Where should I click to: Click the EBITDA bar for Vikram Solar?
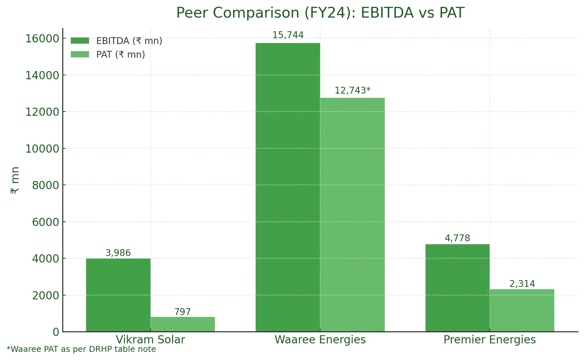click(x=118, y=295)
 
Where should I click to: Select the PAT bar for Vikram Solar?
click(x=183, y=324)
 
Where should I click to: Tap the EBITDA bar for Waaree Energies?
click(x=288, y=187)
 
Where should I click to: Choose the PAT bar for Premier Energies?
click(x=522, y=310)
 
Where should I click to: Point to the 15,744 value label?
click(x=288, y=35)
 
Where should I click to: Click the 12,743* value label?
click(x=352, y=91)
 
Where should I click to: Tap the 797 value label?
click(x=183, y=312)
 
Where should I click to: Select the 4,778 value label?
click(x=457, y=238)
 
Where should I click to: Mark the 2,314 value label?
click(x=522, y=284)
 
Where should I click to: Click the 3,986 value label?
click(x=118, y=253)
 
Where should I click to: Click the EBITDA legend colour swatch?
click(x=80, y=41)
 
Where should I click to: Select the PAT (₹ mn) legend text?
click(x=121, y=54)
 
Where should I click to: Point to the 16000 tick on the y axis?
click(x=42, y=38)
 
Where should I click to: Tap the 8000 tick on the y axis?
click(x=46, y=185)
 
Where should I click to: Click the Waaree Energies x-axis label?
click(x=320, y=340)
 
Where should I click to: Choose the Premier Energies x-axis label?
click(x=489, y=340)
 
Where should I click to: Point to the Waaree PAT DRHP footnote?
click(x=81, y=349)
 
